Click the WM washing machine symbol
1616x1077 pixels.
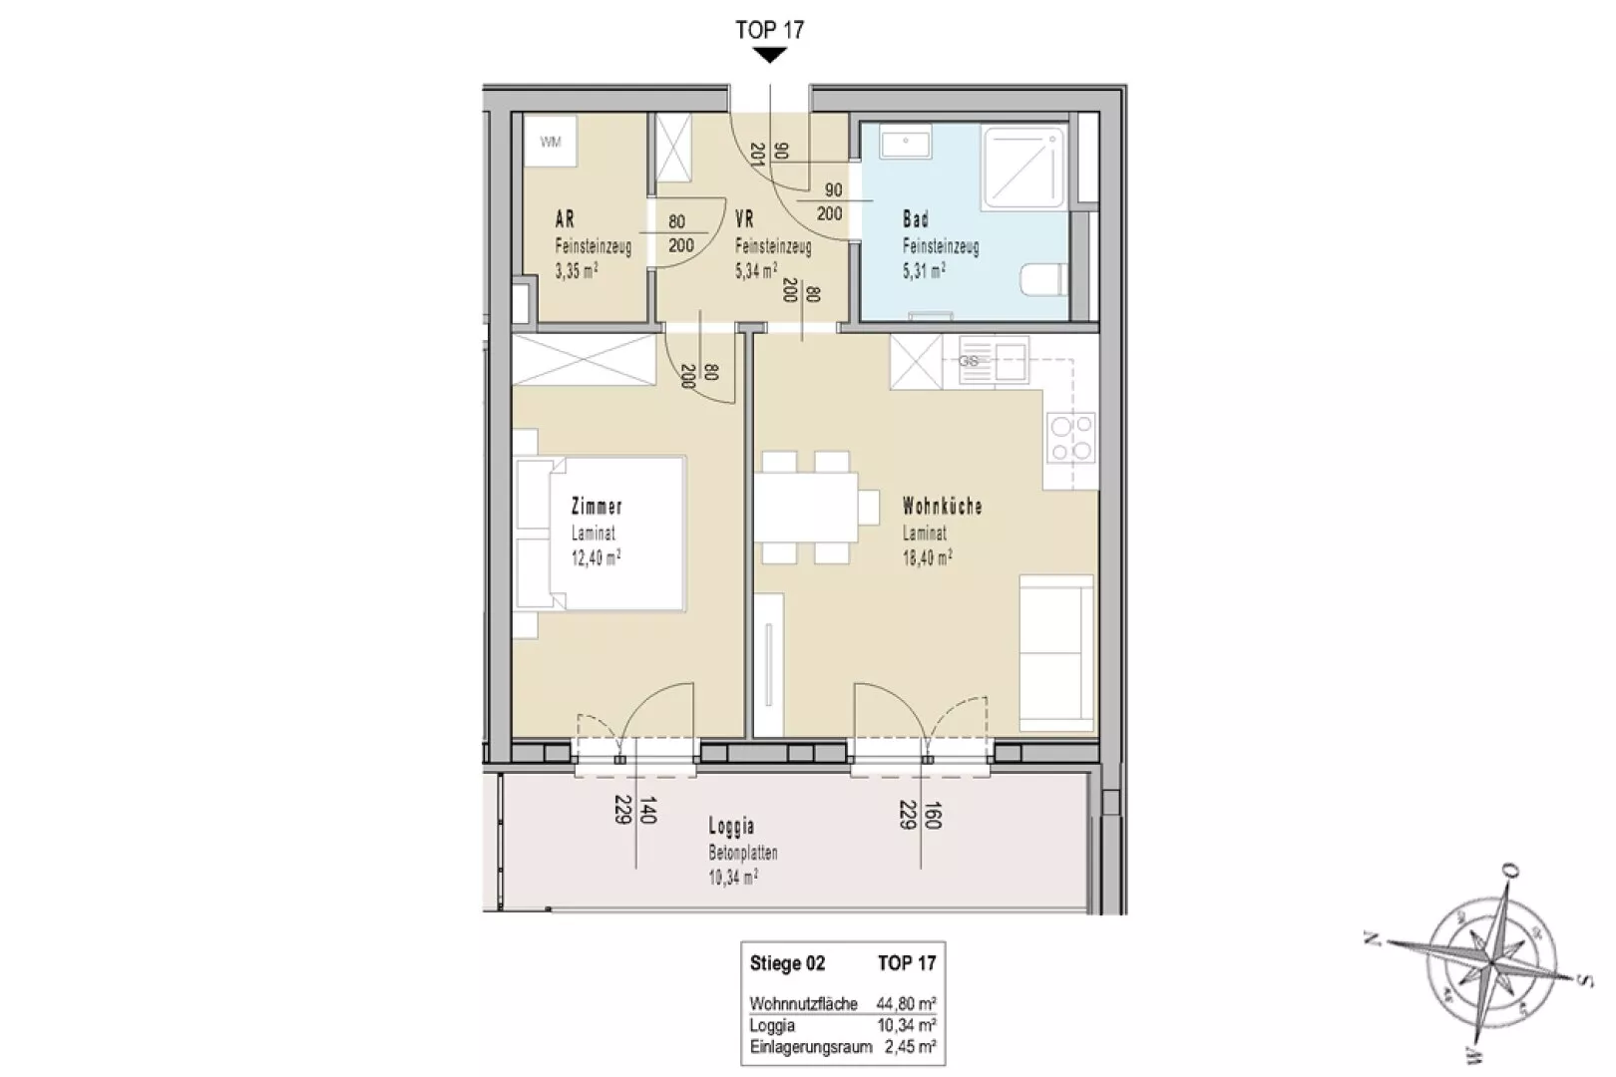(x=551, y=142)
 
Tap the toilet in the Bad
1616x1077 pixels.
(x=1044, y=279)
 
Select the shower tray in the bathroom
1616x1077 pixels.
(x=1023, y=169)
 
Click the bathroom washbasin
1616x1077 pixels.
(x=906, y=143)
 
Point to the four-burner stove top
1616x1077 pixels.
(x=1071, y=437)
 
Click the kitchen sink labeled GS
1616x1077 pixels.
(x=993, y=360)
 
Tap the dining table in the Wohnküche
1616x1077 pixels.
(x=807, y=508)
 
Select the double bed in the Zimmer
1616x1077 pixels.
(x=599, y=534)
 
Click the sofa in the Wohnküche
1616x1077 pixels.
(x=1056, y=653)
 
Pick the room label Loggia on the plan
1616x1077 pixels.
(x=731, y=826)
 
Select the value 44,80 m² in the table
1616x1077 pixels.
(x=906, y=1003)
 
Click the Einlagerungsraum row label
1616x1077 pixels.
(x=811, y=1047)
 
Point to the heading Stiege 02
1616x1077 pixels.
(x=787, y=963)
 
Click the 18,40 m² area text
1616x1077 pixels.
(x=927, y=557)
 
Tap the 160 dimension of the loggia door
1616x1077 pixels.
(x=933, y=815)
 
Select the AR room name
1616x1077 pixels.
(x=565, y=218)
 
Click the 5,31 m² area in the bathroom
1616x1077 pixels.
(x=924, y=271)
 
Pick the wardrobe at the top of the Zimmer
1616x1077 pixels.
(x=584, y=360)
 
